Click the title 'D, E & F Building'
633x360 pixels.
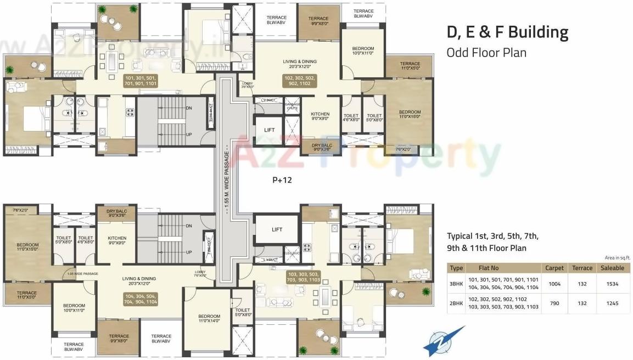[x=507, y=32]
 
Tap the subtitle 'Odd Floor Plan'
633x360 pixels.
[x=486, y=53]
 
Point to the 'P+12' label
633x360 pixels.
[x=282, y=179]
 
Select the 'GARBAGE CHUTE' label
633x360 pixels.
[x=292, y=106]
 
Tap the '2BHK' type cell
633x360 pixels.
[x=456, y=303]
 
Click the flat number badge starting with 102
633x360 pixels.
[x=300, y=81]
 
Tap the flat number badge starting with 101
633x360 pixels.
[x=141, y=81]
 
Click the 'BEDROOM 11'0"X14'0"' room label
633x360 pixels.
[x=209, y=319]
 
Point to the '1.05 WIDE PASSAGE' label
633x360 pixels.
[x=82, y=273]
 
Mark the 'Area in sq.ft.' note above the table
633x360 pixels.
[x=617, y=257]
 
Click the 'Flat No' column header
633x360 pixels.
[x=488, y=268]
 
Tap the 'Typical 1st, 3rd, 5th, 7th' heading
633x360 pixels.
[x=492, y=237]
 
